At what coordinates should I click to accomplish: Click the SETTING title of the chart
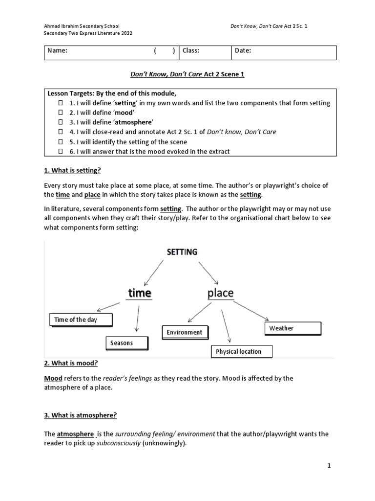coord(182,252)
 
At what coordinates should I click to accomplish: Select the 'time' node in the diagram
coord(140,293)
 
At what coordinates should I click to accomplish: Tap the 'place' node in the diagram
coord(220,293)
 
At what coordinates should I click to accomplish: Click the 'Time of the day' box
coord(81,320)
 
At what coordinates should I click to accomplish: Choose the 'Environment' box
coord(185,332)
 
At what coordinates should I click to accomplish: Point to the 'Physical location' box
coord(241,351)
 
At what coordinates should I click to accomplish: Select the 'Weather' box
coord(293,328)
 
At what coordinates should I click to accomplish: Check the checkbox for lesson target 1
coord(61,103)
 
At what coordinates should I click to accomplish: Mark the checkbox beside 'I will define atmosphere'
coord(61,122)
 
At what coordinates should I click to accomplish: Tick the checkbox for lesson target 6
coord(61,152)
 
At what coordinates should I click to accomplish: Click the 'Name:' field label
coord(57,50)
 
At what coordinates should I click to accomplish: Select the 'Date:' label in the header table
coord(243,50)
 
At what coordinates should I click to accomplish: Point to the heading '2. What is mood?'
coord(71,363)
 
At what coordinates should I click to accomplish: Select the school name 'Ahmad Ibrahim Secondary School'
coord(82,25)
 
